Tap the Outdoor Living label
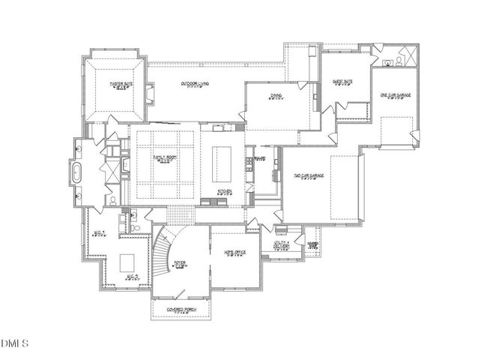pos(195,83)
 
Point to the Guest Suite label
pos(342,81)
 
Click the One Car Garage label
pos(395,95)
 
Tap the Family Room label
pos(163,157)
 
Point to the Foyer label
pos(180,262)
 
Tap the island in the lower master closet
pos(127,263)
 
